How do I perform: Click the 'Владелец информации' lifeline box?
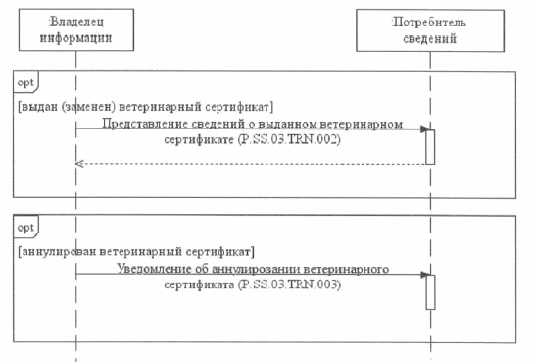point(76,30)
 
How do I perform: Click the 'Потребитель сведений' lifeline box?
point(429,30)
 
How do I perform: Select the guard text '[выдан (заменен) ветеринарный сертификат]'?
point(147,105)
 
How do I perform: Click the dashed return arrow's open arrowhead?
point(79,163)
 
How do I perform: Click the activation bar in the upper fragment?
point(429,147)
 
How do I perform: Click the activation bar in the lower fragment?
point(429,291)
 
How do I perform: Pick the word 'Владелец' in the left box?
point(76,22)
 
